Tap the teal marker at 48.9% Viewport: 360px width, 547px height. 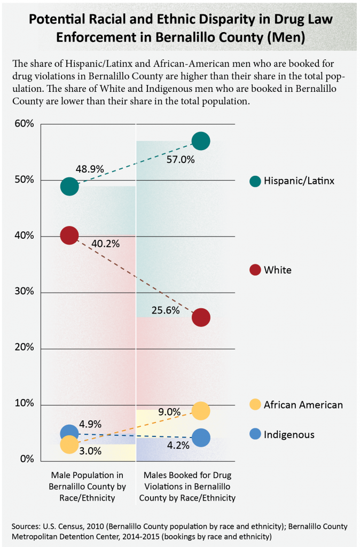(x=69, y=186)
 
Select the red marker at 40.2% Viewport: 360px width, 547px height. (x=69, y=235)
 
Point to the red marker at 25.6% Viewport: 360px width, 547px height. (x=201, y=317)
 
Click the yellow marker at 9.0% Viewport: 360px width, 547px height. (x=201, y=411)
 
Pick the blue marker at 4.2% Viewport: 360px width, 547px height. (x=201, y=437)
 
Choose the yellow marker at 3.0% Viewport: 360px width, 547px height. (x=69, y=444)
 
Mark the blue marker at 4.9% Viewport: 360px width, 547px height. (x=69, y=433)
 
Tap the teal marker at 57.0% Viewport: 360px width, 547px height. (x=201, y=141)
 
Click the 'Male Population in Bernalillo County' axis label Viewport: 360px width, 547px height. (x=87, y=486)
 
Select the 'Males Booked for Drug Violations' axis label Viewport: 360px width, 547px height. (x=187, y=486)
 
